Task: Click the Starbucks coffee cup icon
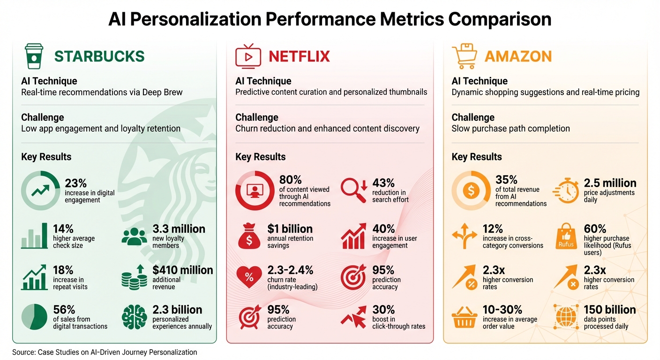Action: click(x=34, y=56)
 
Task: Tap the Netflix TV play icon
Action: click(x=247, y=56)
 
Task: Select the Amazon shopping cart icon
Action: click(x=464, y=56)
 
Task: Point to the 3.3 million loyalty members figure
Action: click(x=179, y=229)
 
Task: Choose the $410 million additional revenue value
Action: click(x=182, y=270)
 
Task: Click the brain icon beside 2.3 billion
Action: click(x=134, y=317)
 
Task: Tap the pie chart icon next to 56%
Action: click(x=34, y=317)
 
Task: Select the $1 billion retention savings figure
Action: click(x=290, y=229)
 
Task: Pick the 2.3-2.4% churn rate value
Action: click(x=290, y=270)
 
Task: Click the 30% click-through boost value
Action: click(x=383, y=309)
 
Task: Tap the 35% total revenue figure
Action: click(x=506, y=180)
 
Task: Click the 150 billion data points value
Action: click(x=609, y=309)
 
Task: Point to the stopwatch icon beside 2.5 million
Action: click(x=566, y=189)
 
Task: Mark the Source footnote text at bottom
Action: click(x=105, y=352)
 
